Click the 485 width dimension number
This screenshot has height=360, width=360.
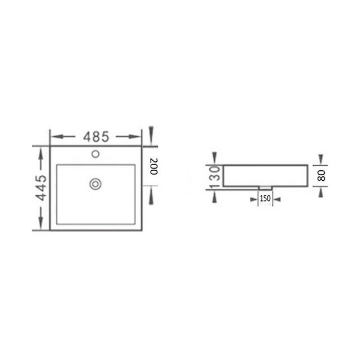(96, 136)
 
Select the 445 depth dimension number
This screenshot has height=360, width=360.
(40, 188)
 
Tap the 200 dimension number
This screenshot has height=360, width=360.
(154, 166)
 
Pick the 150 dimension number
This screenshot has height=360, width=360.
(265, 198)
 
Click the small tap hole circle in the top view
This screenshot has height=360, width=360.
(95, 153)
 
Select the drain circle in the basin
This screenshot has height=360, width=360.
(95, 183)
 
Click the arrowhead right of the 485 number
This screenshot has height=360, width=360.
(134, 136)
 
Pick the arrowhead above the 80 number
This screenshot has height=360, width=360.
(320, 159)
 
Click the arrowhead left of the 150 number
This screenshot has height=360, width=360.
(251, 198)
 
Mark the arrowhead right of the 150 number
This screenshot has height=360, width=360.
(278, 198)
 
